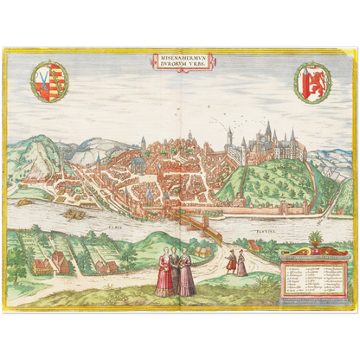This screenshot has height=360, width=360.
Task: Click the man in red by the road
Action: [x=231, y=260]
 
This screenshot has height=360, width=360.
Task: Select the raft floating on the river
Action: [x=74, y=213]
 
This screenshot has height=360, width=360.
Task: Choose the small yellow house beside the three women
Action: [x=202, y=252]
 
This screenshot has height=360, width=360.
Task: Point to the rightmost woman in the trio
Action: [x=186, y=274]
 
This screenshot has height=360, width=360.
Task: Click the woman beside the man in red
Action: [x=242, y=263]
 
